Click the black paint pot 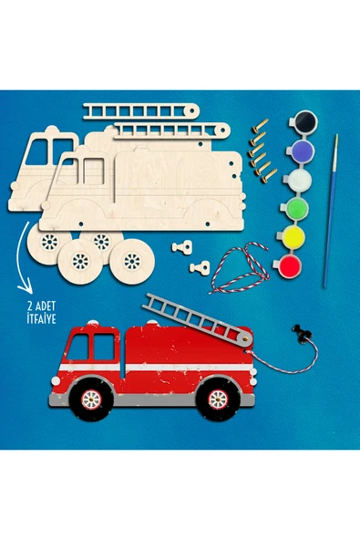305,121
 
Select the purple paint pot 302,150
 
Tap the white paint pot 299,180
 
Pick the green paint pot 296,208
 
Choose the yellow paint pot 293,237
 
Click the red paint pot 290,266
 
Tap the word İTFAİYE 41,318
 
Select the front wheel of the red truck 91,400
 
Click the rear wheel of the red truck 218,399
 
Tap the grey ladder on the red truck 197,319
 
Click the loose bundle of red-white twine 240,268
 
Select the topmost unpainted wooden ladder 140,111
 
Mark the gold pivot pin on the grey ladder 244,339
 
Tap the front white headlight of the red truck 55,380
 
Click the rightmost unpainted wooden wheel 132,261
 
